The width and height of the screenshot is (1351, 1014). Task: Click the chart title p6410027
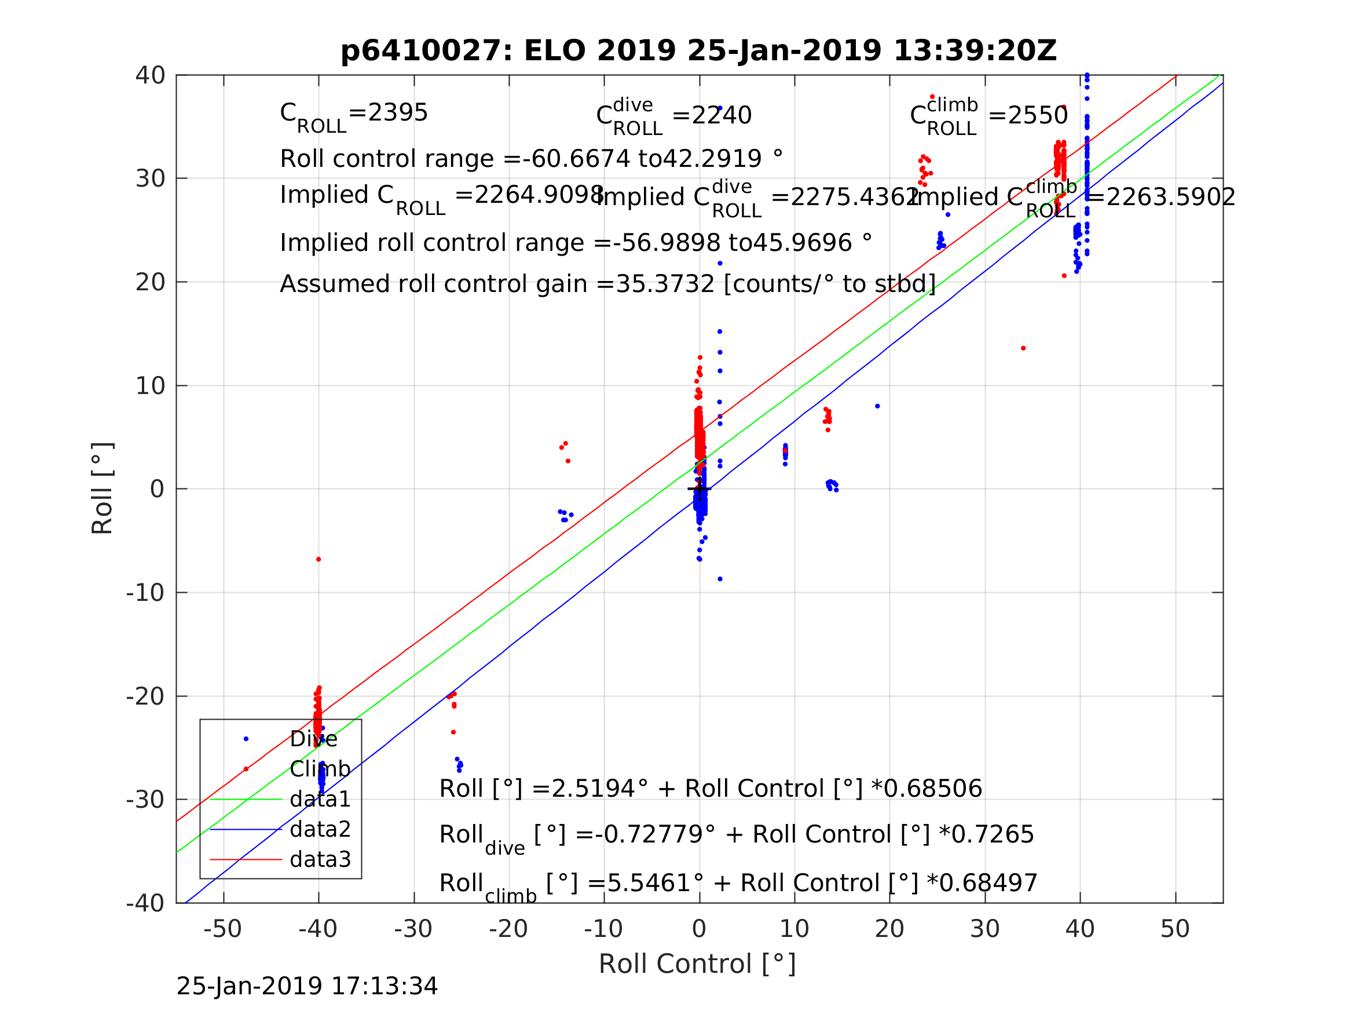[698, 51]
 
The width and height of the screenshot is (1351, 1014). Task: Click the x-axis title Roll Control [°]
[697, 964]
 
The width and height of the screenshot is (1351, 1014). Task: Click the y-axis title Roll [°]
[102, 488]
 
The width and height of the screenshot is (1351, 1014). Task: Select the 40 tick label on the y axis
[150, 76]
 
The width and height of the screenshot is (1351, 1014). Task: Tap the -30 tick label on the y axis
[145, 800]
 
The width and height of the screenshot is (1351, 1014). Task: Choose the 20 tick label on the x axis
[889, 929]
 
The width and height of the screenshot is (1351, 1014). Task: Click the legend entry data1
[320, 800]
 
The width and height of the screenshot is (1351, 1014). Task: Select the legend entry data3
[320, 859]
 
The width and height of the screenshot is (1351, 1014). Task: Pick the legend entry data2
[320, 829]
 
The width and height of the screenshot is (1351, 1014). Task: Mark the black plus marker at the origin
[700, 489]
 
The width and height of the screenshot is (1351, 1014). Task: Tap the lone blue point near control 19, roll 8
[877, 406]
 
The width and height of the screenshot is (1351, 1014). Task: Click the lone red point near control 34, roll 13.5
[1023, 348]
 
